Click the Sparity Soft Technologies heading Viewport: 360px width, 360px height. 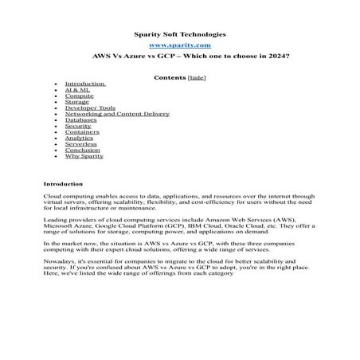[x=179, y=35]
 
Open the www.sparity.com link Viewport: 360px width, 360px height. [x=179, y=47]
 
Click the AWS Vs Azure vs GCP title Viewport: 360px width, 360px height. [x=179, y=59]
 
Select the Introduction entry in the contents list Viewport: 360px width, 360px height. [x=84, y=84]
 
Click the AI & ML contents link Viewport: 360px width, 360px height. [x=78, y=90]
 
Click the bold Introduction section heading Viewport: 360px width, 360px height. [x=63, y=183]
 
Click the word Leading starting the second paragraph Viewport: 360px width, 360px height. [x=54, y=217]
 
